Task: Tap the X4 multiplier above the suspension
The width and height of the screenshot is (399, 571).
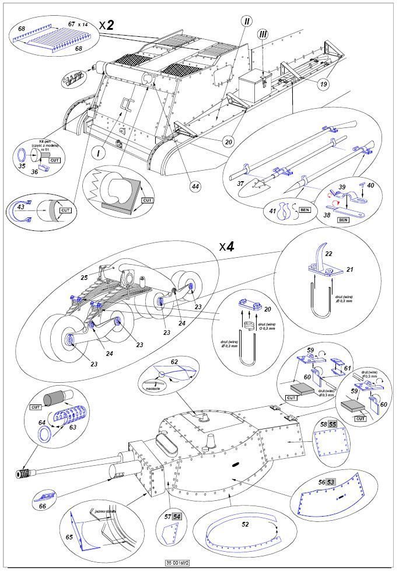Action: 227,247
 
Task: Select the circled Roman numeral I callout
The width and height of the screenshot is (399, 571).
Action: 101,154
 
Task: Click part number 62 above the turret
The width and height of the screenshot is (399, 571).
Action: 173,362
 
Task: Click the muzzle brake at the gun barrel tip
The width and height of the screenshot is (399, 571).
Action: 26,472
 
